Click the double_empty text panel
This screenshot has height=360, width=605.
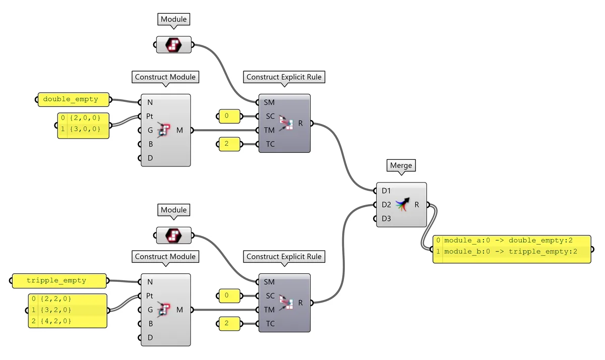click(74, 99)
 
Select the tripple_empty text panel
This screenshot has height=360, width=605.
click(59, 280)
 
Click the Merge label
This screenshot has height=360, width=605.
click(401, 165)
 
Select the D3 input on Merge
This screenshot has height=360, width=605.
click(386, 219)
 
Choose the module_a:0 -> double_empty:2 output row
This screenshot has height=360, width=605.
click(509, 240)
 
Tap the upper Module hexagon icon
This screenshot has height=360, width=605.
click(174, 44)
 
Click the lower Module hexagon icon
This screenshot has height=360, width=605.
click(174, 234)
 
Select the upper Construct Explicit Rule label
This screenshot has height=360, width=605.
click(284, 77)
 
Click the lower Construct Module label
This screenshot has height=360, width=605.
click(165, 257)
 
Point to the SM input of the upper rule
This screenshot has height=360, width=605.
click(269, 102)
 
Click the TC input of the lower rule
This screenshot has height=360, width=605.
click(270, 323)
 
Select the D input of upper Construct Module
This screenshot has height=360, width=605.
click(150, 158)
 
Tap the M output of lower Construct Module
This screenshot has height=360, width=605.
click(179, 310)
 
